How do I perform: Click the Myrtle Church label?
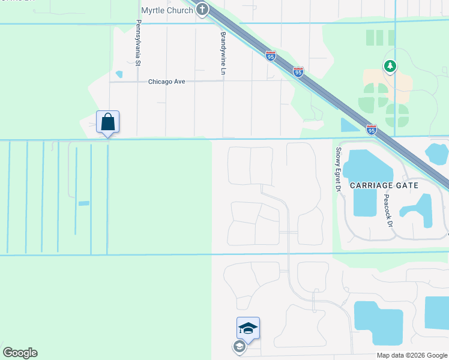tap(167, 10)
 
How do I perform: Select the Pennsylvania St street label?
tap(138, 43)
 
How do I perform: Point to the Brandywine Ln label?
tap(223, 53)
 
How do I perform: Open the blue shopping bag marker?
tap(108, 122)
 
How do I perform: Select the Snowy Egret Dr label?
tap(339, 170)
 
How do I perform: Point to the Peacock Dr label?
tap(388, 209)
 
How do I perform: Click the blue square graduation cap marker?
tap(248, 328)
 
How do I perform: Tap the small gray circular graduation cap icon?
tap(239, 346)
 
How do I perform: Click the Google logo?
tap(20, 353)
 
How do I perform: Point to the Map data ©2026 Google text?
tap(411, 355)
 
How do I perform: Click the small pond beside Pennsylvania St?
tap(119, 74)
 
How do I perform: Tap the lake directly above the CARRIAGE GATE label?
tap(367, 164)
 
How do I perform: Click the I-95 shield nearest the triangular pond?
tap(372, 129)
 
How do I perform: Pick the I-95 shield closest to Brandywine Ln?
tap(271, 56)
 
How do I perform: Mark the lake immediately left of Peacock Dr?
tap(365, 202)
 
